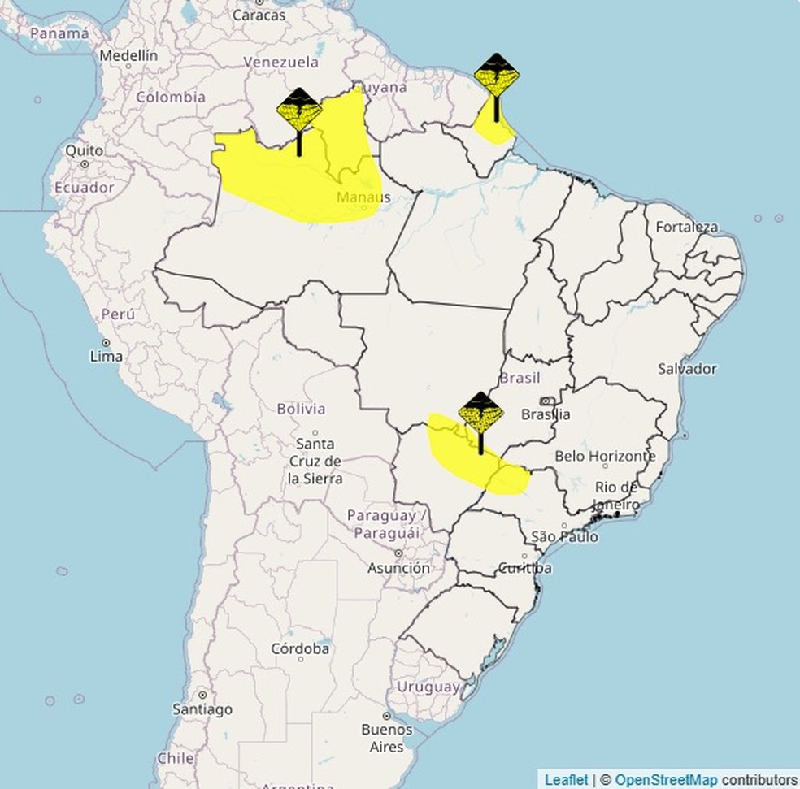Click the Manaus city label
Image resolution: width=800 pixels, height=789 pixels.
click(x=363, y=197)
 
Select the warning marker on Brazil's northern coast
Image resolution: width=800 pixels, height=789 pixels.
click(x=496, y=78)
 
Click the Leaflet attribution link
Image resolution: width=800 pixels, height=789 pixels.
click(x=566, y=780)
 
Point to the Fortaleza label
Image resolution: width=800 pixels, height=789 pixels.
click(x=687, y=227)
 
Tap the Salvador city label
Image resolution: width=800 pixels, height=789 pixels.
click(x=687, y=369)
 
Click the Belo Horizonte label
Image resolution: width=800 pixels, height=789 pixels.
click(x=605, y=457)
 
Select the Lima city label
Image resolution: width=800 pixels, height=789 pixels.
click(x=107, y=356)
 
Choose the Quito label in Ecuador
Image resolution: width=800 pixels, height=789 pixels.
click(x=85, y=151)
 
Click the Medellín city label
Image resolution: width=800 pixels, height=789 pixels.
click(x=128, y=56)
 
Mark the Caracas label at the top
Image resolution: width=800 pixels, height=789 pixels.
click(x=259, y=15)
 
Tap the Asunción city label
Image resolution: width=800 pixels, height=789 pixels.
click(x=398, y=569)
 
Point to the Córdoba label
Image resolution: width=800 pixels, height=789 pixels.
click(x=300, y=649)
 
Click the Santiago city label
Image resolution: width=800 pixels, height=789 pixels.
click(x=202, y=709)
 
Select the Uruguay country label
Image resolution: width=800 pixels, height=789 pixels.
click(x=428, y=687)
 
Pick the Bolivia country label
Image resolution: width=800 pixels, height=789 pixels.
click(x=301, y=409)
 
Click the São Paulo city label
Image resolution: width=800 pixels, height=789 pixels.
click(x=564, y=537)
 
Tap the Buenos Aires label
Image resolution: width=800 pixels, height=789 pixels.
click(x=387, y=737)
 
